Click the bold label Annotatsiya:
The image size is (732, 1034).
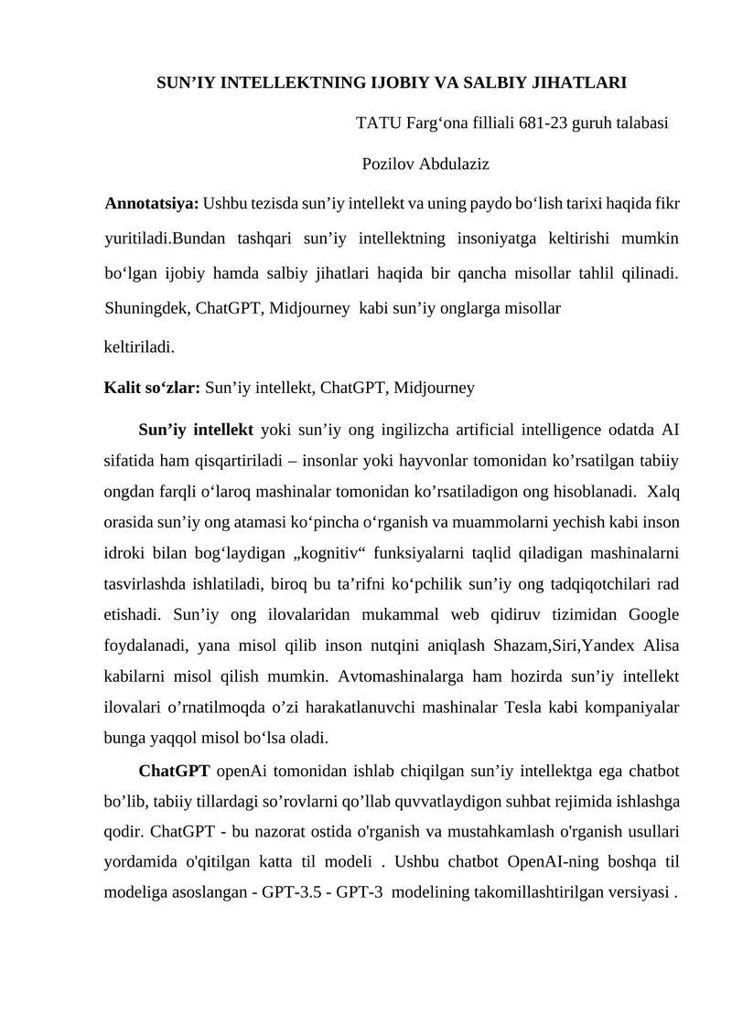click(153, 201)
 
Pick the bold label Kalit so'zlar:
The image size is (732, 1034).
click(153, 388)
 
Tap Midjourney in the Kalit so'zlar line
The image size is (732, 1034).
click(434, 388)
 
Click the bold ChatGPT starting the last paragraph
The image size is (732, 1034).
click(175, 772)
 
